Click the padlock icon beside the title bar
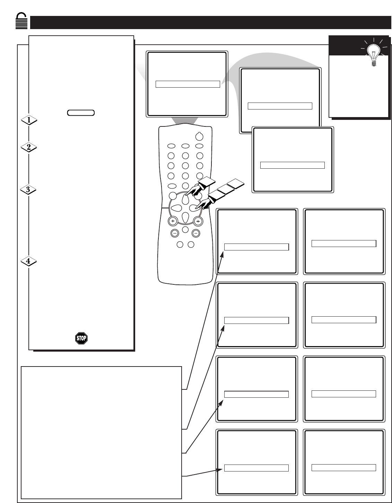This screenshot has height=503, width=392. [21, 21]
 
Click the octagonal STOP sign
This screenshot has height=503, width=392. [81, 338]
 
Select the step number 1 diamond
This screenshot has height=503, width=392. [29, 120]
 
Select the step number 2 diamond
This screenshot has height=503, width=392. [29, 147]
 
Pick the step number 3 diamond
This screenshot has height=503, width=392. [28, 189]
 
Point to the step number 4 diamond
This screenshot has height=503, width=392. [28, 261]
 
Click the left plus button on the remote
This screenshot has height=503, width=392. [173, 221]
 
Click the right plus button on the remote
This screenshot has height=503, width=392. [198, 221]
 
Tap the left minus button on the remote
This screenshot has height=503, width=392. [175, 233]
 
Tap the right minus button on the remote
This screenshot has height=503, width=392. [196, 233]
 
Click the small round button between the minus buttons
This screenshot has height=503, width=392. [185, 230]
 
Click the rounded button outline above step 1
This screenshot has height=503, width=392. [81, 113]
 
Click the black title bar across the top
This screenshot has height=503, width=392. [210, 23]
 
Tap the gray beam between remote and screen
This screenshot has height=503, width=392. [185, 121]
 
